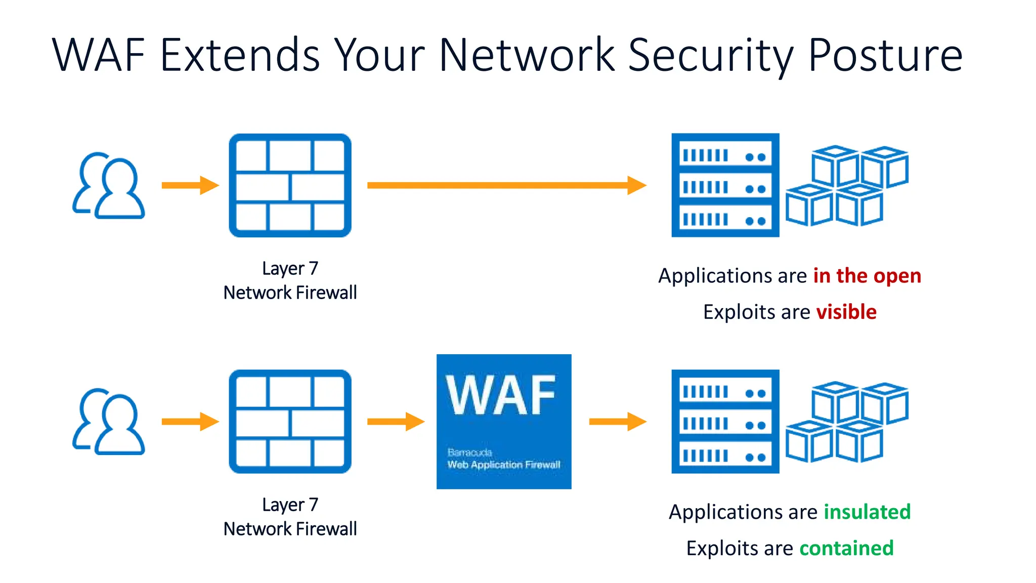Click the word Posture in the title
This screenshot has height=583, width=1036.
[885, 56]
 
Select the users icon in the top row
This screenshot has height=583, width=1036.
[109, 186]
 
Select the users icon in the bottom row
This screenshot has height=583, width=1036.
[109, 422]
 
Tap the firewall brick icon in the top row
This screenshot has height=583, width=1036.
[290, 185]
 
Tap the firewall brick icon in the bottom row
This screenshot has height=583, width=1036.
[290, 422]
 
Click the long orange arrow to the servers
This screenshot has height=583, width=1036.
[506, 185]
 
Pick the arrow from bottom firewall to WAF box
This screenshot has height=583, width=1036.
[395, 422]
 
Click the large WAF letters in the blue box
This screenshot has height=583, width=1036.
[501, 396]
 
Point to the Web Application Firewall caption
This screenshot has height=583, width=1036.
[504, 465]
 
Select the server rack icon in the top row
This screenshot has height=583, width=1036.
[725, 185]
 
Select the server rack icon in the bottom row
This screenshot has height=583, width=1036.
[725, 422]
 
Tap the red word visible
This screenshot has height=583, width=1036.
[846, 312]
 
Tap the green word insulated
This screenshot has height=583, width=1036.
[867, 512]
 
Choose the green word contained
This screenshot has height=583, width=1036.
[846, 548]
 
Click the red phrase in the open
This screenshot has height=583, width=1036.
[867, 276]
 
